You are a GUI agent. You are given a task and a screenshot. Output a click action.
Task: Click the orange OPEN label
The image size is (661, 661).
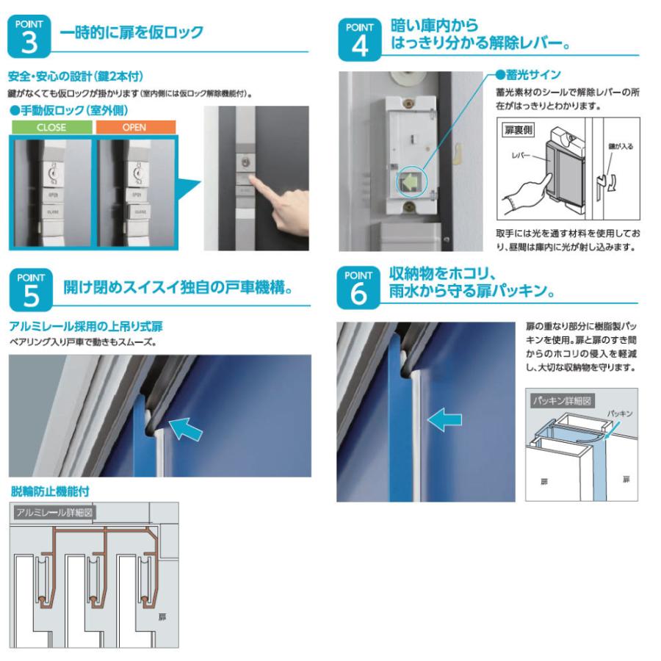(134, 126)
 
